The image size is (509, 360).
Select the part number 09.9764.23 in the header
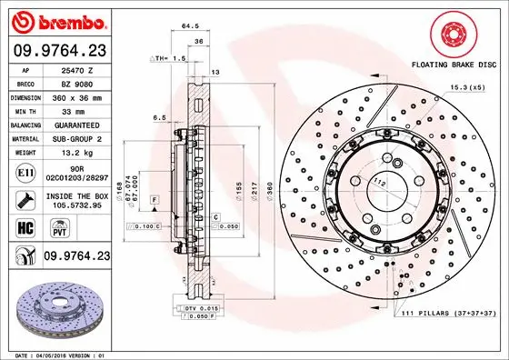[59, 52]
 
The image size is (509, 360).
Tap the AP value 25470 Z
[78, 69]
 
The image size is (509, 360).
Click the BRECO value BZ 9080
[76, 83]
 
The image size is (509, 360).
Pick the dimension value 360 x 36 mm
[78, 96]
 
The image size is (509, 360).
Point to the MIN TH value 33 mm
[78, 110]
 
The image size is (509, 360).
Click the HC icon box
[25, 226]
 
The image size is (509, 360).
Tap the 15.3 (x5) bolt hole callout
[466, 86]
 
